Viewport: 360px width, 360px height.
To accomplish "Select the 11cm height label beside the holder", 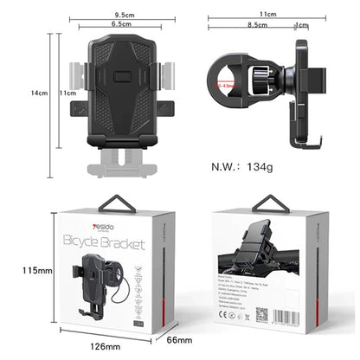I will [64, 93].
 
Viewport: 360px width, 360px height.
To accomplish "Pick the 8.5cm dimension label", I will [257, 26].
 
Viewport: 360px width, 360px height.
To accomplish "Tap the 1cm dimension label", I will [300, 26].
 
